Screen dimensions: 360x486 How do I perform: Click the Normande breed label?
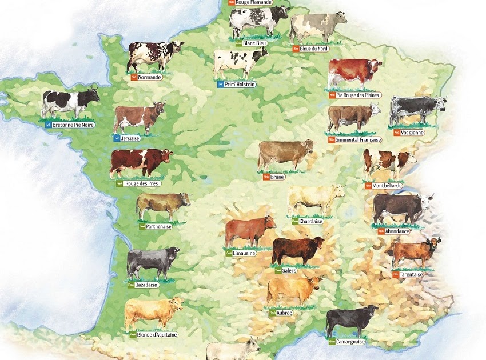[150, 77]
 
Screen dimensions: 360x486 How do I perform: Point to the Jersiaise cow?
[138, 118]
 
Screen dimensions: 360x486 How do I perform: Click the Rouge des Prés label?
[142, 184]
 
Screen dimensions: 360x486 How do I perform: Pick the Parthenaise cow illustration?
[162, 205]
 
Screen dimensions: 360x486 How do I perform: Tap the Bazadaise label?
[146, 285]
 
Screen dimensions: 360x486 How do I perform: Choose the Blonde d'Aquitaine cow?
[153, 312]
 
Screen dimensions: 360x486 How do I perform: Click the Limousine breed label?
[244, 253]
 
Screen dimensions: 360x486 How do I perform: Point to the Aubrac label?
[284, 313]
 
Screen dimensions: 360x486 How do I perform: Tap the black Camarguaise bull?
[350, 321]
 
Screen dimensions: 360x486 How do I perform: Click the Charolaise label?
[311, 221]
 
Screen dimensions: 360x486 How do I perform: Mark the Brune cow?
[285, 154]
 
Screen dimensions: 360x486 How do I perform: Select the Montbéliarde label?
[388, 186]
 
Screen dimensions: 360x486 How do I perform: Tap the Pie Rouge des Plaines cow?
[353, 74]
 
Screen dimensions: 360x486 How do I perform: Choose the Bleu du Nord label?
[313, 49]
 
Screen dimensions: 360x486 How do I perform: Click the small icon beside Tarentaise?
[396, 274]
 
